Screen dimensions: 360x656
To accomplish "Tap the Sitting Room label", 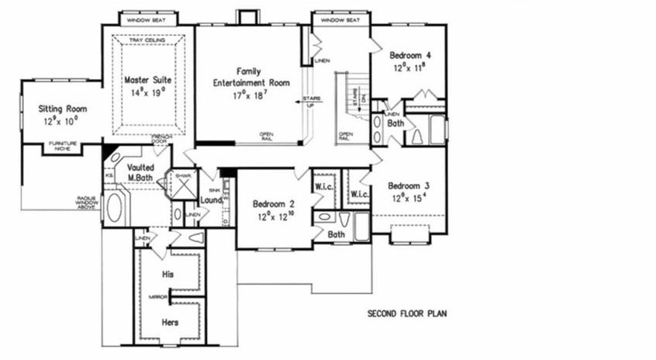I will pyautogui.click(x=62, y=109).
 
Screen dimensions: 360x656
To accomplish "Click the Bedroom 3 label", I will pyautogui.click(x=409, y=186).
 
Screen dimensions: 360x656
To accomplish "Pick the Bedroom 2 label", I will pyautogui.click(x=274, y=204).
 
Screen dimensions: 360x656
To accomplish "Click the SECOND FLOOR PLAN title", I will pyautogui.click(x=406, y=314).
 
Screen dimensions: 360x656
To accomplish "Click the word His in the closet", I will pyautogui.click(x=167, y=274).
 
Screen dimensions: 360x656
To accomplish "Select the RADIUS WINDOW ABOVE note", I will pyautogui.click(x=86, y=202).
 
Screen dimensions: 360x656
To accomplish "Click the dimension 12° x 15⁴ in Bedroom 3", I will pyautogui.click(x=409, y=198).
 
